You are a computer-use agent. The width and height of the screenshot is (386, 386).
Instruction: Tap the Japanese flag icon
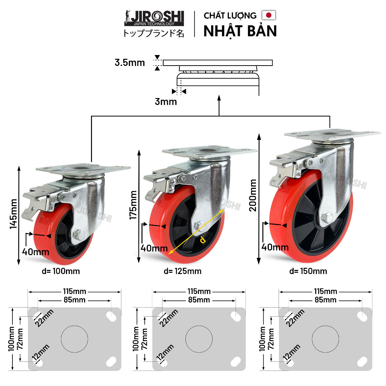268,15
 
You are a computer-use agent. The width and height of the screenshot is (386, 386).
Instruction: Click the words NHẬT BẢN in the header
240,31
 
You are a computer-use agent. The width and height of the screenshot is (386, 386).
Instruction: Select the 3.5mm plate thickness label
130,63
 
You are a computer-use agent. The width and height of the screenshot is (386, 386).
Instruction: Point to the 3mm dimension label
166,101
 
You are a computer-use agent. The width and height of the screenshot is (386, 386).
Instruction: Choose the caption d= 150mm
308,271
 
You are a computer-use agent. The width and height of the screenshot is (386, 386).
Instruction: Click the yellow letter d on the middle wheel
202,239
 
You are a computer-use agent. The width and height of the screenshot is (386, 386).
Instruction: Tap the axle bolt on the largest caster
326,218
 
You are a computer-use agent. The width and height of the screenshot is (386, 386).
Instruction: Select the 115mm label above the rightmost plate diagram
325,291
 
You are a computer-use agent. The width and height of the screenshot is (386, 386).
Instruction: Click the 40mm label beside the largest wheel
274,247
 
